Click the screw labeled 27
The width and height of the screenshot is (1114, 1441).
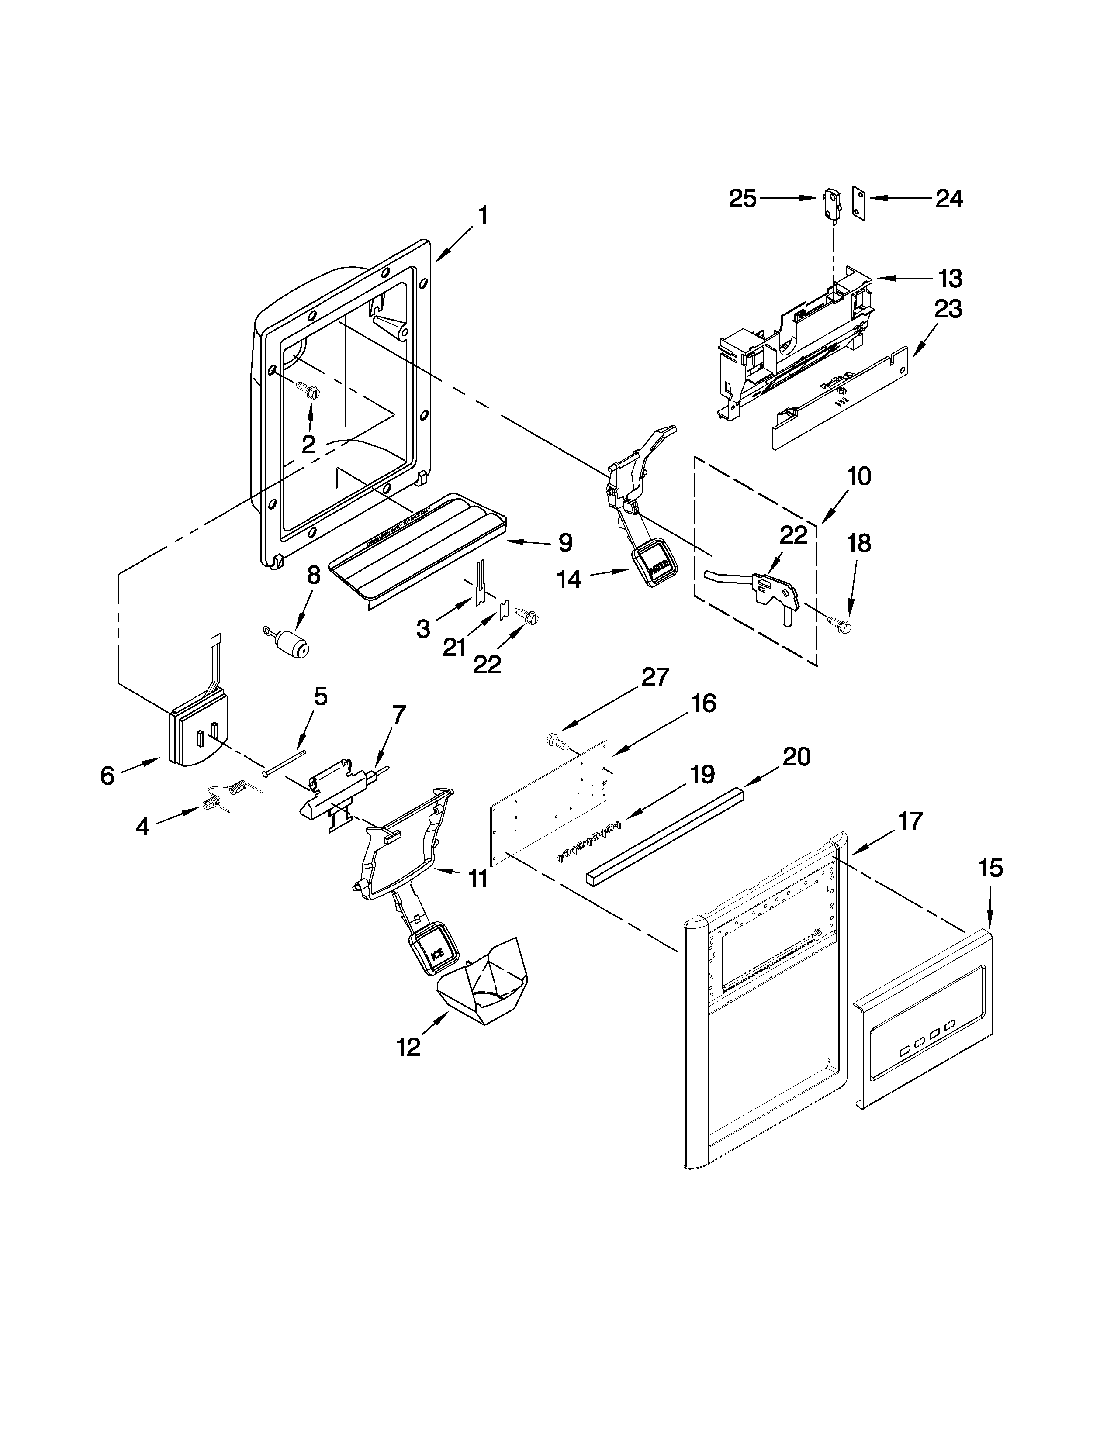[559, 742]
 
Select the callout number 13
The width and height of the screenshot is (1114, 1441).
[950, 279]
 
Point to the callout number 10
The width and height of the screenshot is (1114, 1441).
[858, 476]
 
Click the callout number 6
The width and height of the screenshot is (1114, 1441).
[107, 775]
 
